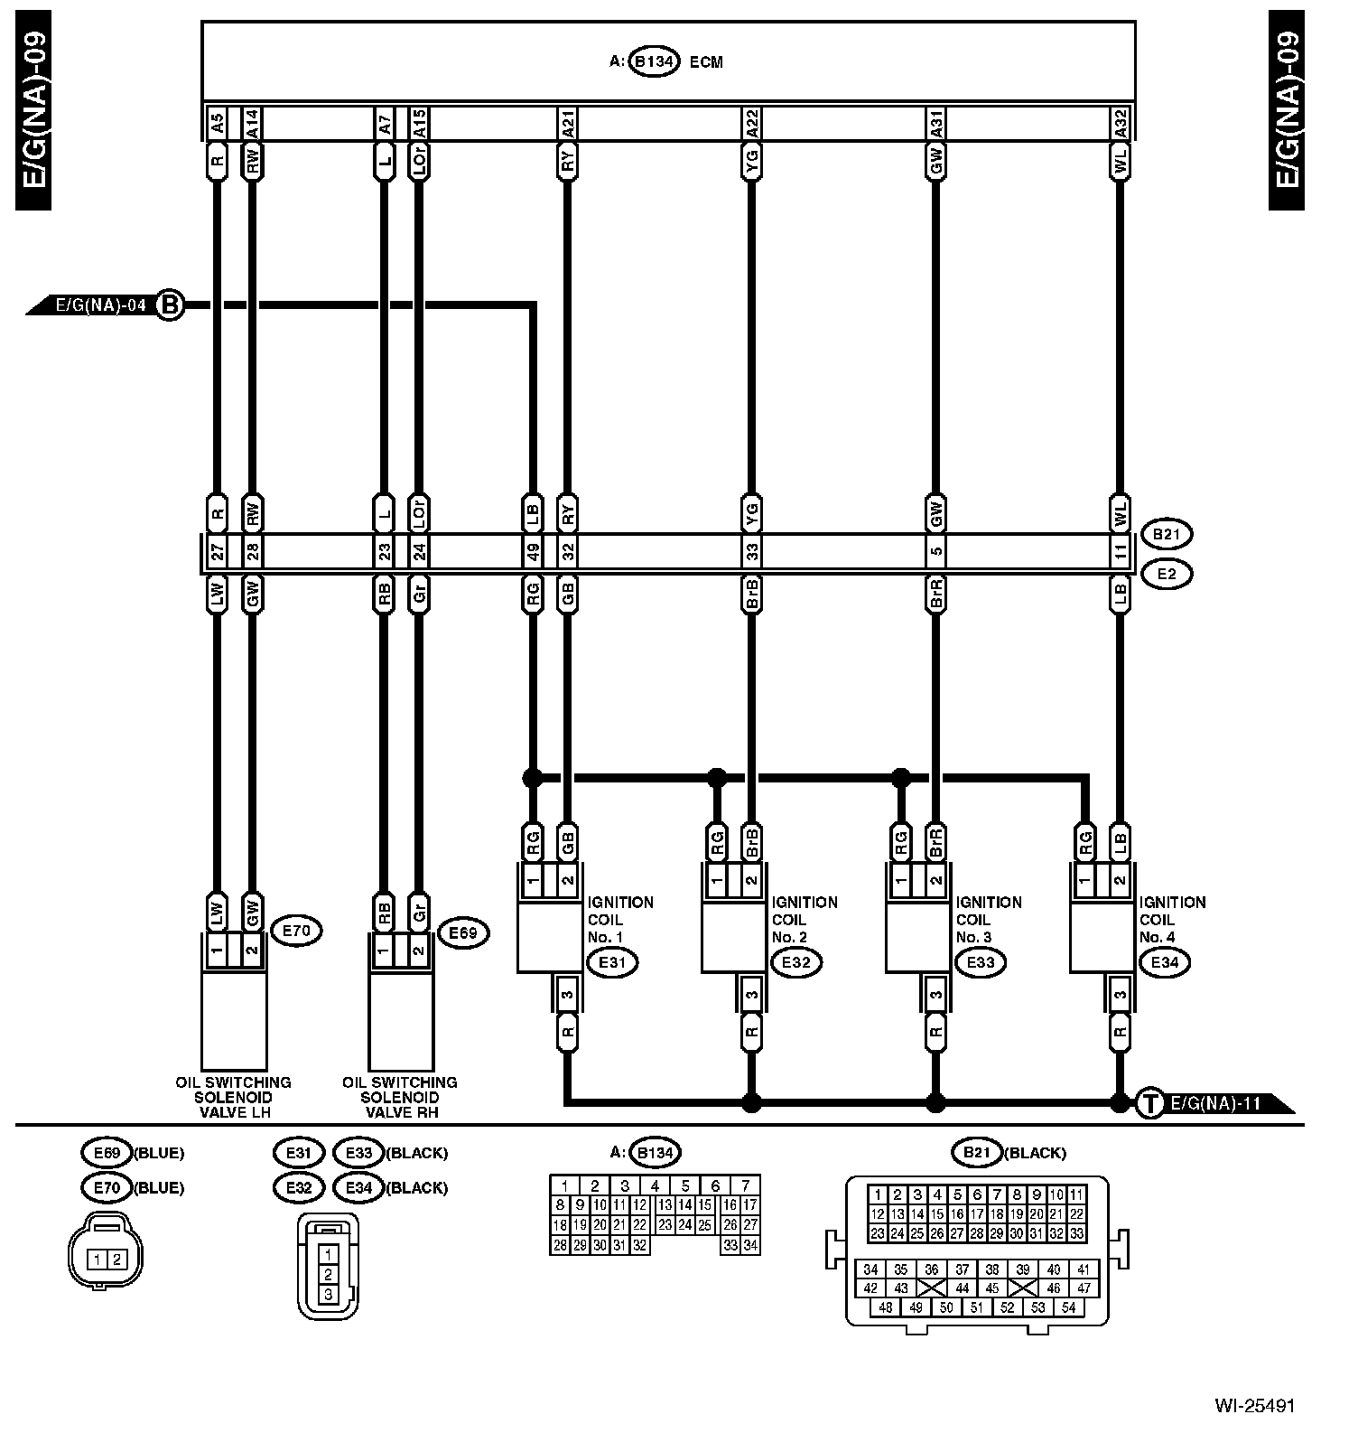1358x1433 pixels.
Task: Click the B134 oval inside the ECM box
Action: [x=654, y=62]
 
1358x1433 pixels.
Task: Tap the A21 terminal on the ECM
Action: [x=567, y=123]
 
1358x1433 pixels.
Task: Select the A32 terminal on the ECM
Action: [x=1120, y=123]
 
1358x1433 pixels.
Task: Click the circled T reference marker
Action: [x=1149, y=1103]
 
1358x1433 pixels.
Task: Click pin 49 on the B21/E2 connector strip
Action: [x=533, y=552]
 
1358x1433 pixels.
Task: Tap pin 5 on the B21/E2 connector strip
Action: [x=936, y=552]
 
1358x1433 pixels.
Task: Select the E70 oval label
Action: [x=296, y=930]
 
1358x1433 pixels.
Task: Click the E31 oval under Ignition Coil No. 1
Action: [x=612, y=962]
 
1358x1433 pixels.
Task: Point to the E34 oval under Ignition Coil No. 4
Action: [x=1165, y=962]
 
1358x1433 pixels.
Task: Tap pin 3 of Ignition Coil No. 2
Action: [x=751, y=996]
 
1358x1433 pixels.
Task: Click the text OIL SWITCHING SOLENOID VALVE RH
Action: [x=399, y=1097]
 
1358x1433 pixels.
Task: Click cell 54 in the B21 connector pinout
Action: [x=1069, y=1307]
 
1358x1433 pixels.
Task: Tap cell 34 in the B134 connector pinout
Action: [x=750, y=1246]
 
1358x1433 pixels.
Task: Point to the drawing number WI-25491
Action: [x=1254, y=1406]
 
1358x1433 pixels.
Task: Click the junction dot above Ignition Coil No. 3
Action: [x=900, y=777]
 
